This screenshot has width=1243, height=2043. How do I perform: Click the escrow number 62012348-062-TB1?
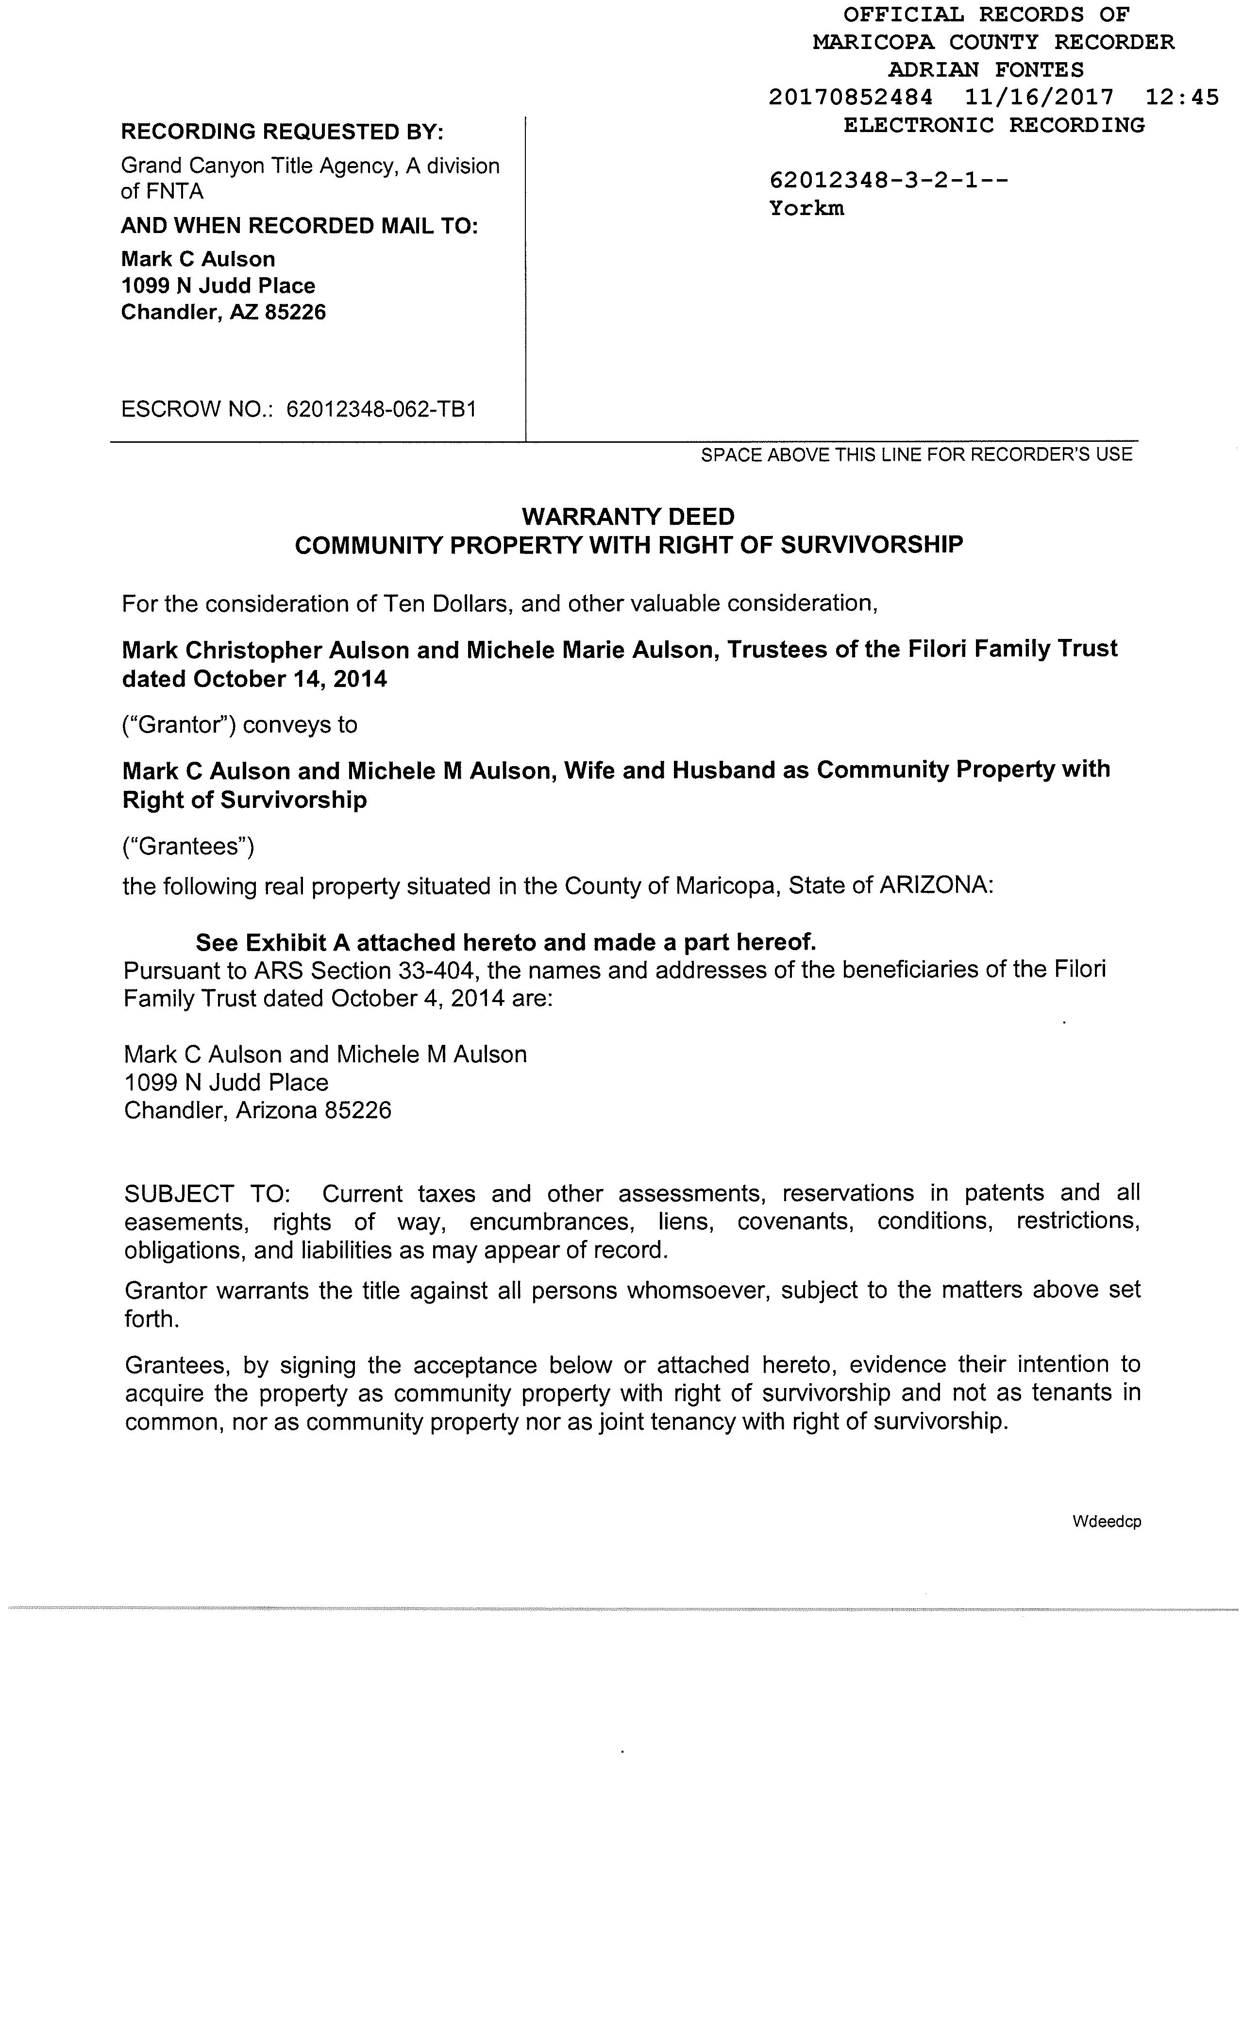point(381,409)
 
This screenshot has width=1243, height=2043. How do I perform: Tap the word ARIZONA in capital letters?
point(935,886)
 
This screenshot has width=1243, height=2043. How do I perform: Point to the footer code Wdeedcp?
point(1106,1522)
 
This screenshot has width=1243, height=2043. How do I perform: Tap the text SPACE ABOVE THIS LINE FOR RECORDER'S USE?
point(916,454)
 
